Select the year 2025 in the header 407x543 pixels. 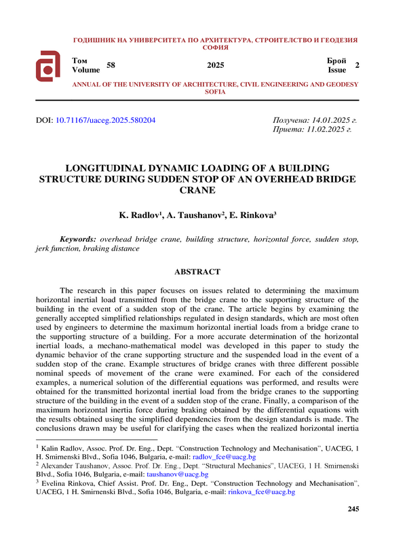coord(215,66)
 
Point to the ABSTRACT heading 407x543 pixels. coord(197,272)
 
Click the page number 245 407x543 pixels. coord(352,509)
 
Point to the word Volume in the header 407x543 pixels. coord(85,70)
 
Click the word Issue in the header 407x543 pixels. coord(337,70)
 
